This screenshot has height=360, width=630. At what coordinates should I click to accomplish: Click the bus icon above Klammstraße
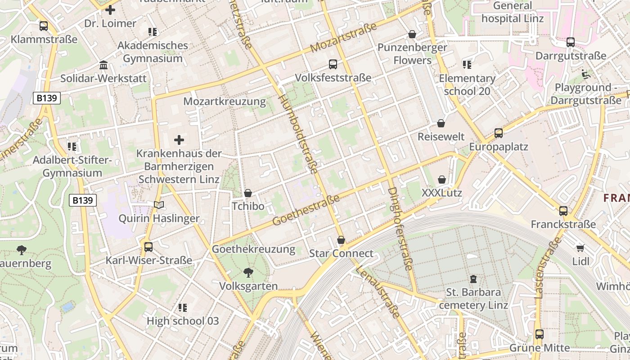(44, 26)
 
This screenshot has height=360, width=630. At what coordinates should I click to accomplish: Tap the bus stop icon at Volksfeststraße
(333, 64)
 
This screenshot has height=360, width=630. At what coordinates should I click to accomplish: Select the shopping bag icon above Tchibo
(247, 193)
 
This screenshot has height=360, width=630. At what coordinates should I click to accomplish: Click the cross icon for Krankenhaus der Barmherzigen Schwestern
(179, 140)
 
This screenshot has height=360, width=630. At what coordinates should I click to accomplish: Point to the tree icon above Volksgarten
(248, 272)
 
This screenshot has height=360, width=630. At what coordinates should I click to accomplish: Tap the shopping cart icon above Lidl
(580, 248)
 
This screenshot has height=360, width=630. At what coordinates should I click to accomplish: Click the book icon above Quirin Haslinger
(159, 205)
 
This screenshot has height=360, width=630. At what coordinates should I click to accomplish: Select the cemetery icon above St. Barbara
(473, 279)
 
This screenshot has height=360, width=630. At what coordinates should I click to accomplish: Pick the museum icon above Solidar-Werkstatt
(103, 65)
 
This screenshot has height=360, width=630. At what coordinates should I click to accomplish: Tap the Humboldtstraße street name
(298, 134)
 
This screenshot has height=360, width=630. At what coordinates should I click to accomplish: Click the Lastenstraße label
(546, 267)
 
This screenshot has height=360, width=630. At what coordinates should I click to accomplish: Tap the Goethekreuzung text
(253, 249)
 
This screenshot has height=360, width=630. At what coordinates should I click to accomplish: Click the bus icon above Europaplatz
(499, 133)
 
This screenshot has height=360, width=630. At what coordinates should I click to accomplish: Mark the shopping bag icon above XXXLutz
(442, 180)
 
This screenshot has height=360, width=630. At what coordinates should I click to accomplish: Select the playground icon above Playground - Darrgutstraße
(586, 74)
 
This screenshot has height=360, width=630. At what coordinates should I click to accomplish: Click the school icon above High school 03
(183, 308)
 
